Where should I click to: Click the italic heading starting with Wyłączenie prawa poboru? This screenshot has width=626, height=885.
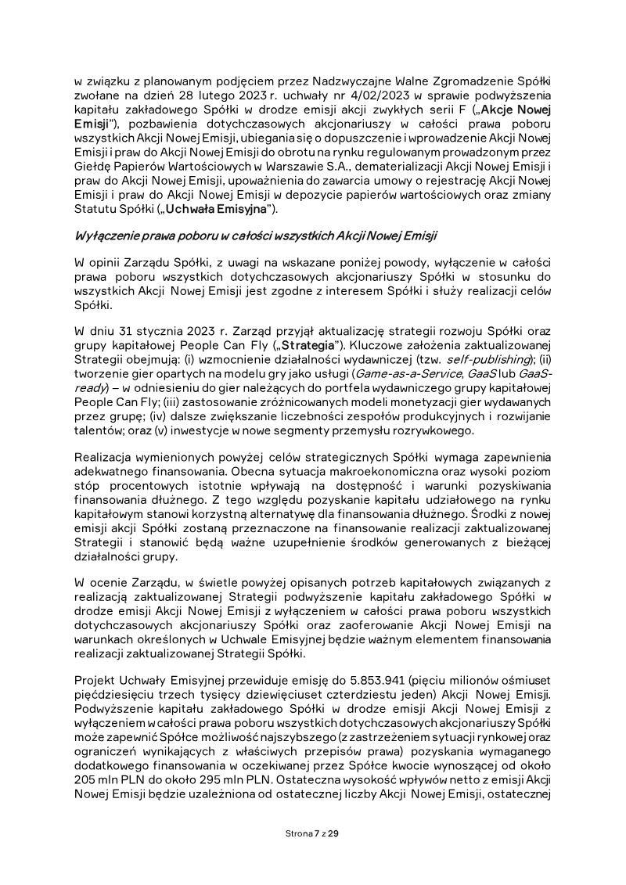256,236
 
